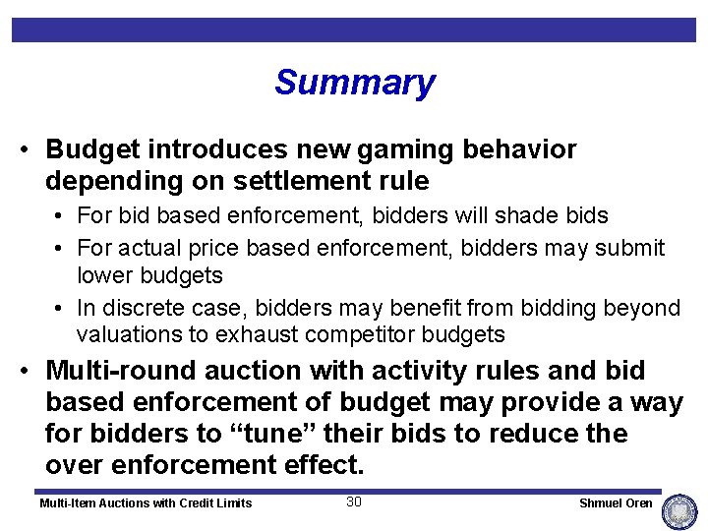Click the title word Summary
pos(354,83)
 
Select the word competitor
pos(368,334)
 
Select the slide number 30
pos(354,502)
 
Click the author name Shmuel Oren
pos(616,503)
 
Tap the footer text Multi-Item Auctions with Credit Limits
pos(146,503)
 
